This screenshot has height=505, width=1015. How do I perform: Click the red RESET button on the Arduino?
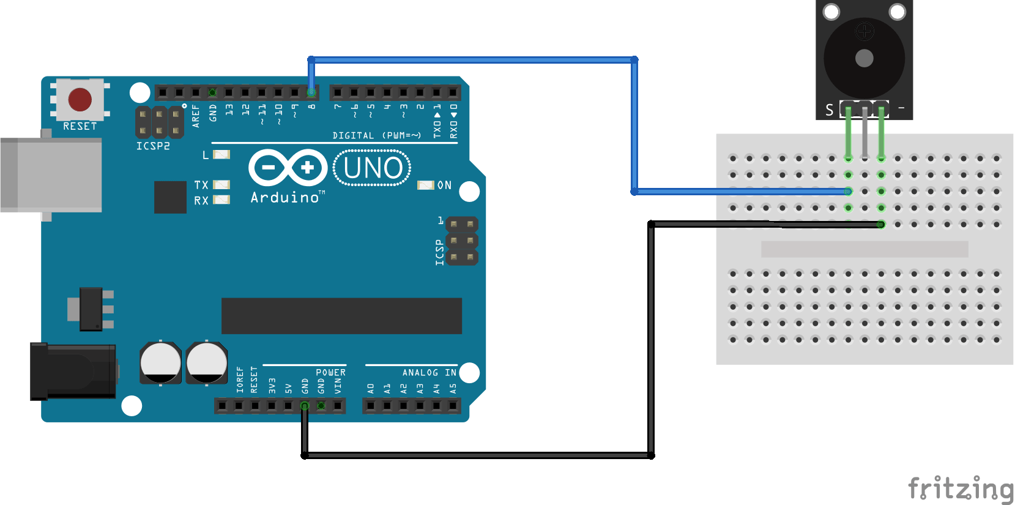pos(80,99)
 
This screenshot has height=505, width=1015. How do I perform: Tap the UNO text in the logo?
pos(373,168)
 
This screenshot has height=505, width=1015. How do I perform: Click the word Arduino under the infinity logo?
pos(285,198)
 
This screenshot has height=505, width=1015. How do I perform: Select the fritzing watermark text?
pos(961,489)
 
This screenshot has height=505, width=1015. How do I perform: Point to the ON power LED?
pos(425,185)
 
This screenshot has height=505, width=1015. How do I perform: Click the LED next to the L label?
pos(221,155)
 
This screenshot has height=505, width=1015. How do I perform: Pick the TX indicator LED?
pos(221,184)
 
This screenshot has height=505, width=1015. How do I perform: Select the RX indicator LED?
pos(221,200)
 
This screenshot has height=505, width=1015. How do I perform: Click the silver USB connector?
pos(51,175)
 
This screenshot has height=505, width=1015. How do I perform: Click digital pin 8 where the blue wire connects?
pos(311,93)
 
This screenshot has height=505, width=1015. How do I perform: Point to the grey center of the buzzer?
pos(864,59)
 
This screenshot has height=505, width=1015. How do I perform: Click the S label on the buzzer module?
pos(829,110)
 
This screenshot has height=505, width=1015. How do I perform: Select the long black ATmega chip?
pos(341,316)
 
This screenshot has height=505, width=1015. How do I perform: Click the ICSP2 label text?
pos(153,146)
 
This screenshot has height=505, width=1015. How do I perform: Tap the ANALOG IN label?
pos(429,372)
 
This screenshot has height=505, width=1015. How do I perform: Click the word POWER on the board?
pos(330,372)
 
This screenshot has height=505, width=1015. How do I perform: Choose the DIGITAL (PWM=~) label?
pos(376,135)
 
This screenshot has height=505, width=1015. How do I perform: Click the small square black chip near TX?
pos(170,197)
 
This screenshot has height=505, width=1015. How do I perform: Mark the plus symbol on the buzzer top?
pos(864,31)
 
